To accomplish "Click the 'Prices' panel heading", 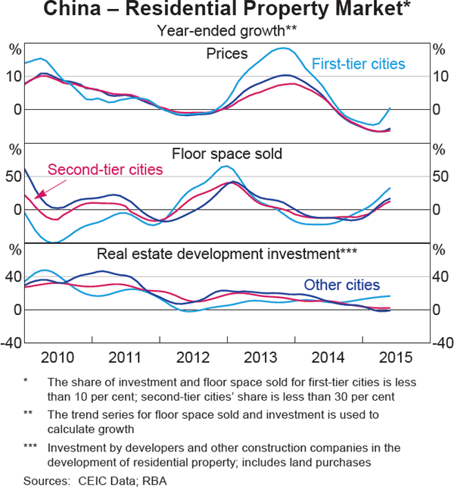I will tap(226, 53).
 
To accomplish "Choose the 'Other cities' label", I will tap(341, 285).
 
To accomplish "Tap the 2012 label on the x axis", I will tap(193, 357).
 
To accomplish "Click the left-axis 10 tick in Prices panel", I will tap(14, 76).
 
